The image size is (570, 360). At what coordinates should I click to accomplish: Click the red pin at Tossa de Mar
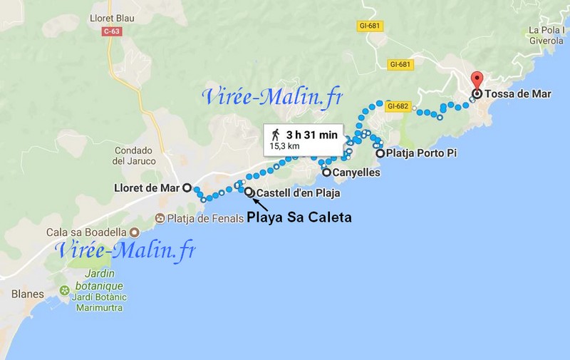(477, 81)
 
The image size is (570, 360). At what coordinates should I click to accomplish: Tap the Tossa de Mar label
(514, 93)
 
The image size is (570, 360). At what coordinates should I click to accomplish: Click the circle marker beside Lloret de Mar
(187, 188)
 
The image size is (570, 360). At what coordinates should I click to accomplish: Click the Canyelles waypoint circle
(326, 173)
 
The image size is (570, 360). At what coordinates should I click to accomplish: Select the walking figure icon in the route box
(276, 133)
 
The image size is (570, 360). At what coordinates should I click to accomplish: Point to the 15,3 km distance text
(284, 146)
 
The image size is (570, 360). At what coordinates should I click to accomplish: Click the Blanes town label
(28, 294)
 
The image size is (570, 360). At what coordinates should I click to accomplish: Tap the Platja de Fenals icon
(160, 218)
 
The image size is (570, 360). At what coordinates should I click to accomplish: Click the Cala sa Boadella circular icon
(134, 232)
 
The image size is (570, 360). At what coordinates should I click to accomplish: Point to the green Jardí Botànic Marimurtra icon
(66, 291)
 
